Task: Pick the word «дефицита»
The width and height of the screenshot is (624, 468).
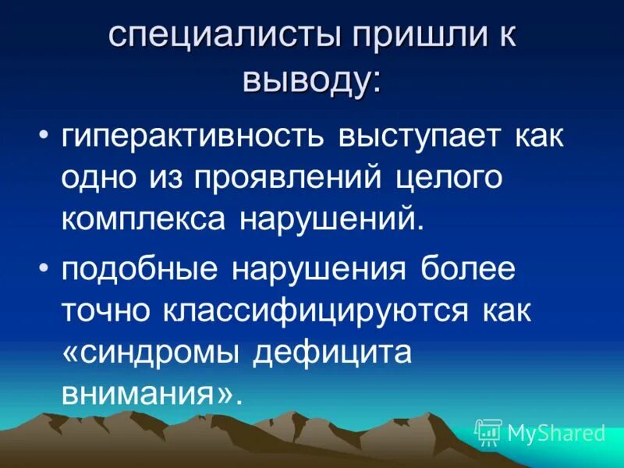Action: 331,351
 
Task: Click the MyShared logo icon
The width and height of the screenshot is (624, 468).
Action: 488,431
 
